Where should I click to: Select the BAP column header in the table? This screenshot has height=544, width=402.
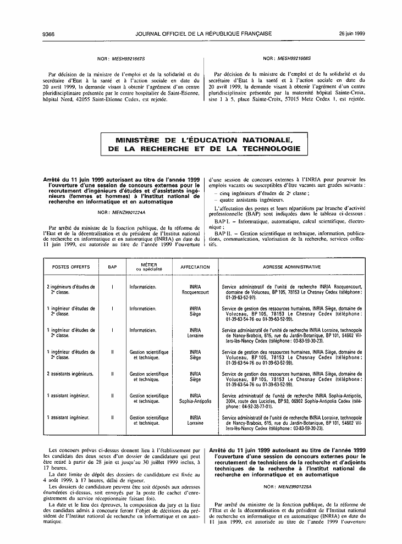tap(112, 267)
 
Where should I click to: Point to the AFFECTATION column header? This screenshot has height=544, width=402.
tap(195, 267)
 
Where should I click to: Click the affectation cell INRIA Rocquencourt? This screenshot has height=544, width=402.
tap(195, 290)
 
